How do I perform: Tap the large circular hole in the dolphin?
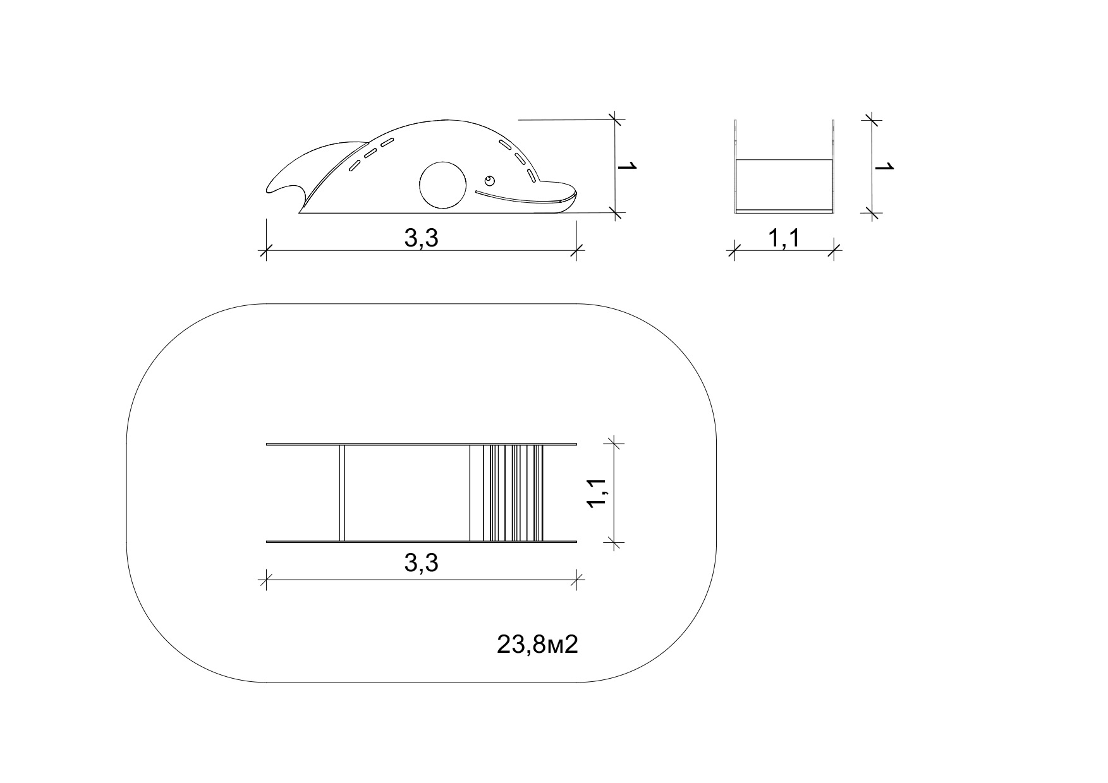pos(443,185)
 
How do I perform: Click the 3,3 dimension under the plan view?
pos(421,562)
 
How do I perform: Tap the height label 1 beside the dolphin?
pos(628,167)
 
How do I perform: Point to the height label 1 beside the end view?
pos(885,167)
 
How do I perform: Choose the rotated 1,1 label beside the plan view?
pos(597,492)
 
